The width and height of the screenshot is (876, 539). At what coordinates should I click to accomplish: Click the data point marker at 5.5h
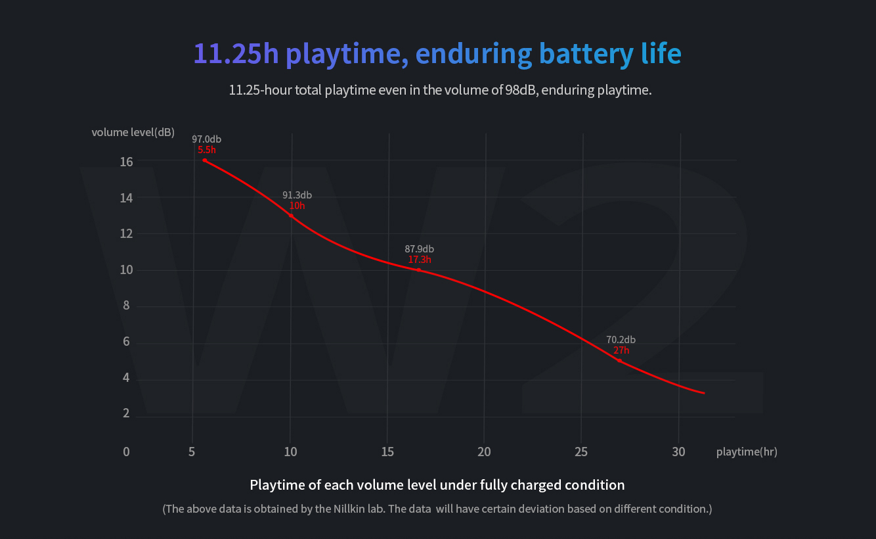(205, 160)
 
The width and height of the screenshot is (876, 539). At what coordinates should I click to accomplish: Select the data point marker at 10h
(291, 216)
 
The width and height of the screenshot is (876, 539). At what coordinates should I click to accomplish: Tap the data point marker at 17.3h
(419, 269)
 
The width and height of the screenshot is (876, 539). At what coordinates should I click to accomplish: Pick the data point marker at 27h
(619, 361)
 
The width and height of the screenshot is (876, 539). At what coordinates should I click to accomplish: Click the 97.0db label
(206, 139)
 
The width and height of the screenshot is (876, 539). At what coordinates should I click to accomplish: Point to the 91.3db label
(297, 195)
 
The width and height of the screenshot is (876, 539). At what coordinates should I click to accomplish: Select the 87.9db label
(419, 249)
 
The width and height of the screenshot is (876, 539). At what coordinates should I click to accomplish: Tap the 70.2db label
(621, 340)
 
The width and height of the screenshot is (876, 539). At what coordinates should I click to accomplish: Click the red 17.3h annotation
(420, 260)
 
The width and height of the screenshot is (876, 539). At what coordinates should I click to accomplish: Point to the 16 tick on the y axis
(126, 162)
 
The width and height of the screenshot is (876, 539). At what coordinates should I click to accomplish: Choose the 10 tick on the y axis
(126, 270)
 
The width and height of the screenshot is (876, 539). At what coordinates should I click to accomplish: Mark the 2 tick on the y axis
(126, 414)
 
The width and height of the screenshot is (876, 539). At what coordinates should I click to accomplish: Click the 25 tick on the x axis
(581, 452)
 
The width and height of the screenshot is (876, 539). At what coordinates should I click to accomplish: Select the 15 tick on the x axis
(387, 452)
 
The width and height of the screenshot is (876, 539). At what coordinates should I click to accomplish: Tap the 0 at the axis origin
(126, 452)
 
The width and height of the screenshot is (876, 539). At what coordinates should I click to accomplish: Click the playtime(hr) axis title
(747, 452)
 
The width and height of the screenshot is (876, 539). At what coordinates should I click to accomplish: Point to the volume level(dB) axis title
(133, 132)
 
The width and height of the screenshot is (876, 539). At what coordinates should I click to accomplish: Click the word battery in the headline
(580, 53)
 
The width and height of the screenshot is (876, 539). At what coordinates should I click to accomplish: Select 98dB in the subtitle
(521, 90)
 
